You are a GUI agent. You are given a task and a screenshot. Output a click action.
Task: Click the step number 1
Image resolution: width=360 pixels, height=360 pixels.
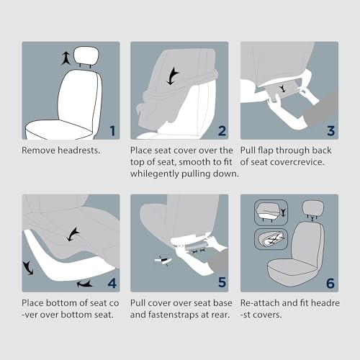(113, 131)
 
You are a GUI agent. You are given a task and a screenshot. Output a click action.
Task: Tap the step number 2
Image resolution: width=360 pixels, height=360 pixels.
(222, 131)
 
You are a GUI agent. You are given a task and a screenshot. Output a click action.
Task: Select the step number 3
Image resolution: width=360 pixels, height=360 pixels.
(331, 131)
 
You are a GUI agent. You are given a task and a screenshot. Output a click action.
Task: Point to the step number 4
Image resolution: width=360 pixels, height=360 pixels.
(112, 284)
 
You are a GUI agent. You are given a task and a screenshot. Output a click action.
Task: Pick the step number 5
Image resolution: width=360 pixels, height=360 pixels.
(222, 282)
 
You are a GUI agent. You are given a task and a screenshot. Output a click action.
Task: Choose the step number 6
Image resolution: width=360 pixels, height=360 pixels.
(330, 284)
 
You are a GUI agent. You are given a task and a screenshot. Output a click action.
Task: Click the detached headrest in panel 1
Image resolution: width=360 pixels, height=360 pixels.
(86, 56)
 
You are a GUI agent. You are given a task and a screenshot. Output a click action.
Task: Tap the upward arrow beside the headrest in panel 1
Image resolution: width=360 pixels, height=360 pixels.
(65, 59)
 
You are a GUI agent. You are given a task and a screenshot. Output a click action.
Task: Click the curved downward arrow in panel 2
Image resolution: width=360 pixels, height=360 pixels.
(172, 76)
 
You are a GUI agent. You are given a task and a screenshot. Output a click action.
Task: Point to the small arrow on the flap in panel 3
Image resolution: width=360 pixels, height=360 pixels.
(282, 89)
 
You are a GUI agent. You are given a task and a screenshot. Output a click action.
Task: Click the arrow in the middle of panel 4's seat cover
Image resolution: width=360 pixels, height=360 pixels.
(73, 234)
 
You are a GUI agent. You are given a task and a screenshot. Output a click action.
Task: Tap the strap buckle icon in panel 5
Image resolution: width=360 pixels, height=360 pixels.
(163, 261)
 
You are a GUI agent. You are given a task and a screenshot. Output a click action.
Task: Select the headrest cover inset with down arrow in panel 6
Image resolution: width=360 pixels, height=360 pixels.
(271, 212)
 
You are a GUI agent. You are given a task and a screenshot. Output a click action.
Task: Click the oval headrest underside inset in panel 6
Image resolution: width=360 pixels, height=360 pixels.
(271, 239)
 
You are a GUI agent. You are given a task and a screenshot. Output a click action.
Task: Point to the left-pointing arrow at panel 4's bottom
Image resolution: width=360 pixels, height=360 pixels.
(84, 284)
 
